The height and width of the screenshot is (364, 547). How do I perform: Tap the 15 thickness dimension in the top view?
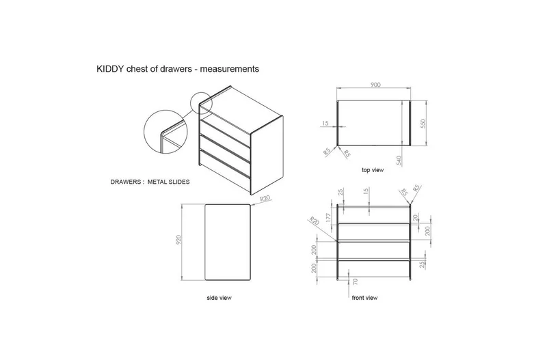pos(325,124)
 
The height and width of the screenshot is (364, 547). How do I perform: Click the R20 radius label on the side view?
pos(267,199)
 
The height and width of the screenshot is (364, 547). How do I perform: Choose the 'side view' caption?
pos(218,298)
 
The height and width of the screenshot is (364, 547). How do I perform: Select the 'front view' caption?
pos(364,298)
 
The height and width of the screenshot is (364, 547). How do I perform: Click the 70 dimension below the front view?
pos(356,281)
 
